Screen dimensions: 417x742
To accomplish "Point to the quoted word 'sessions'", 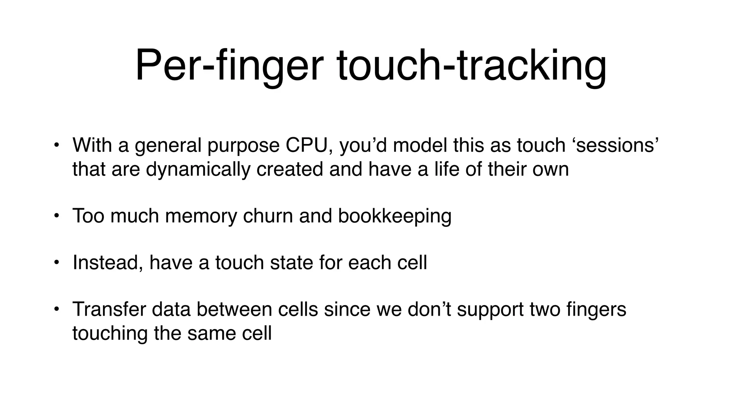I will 616,145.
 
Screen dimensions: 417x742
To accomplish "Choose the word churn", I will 268,216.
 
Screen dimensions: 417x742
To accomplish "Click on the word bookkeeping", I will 395,216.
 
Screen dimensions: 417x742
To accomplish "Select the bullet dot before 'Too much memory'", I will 56,216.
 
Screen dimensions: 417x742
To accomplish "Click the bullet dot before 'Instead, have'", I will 56,263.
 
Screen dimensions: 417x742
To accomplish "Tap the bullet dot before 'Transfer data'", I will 56,309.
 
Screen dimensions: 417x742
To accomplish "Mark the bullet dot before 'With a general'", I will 56,146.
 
